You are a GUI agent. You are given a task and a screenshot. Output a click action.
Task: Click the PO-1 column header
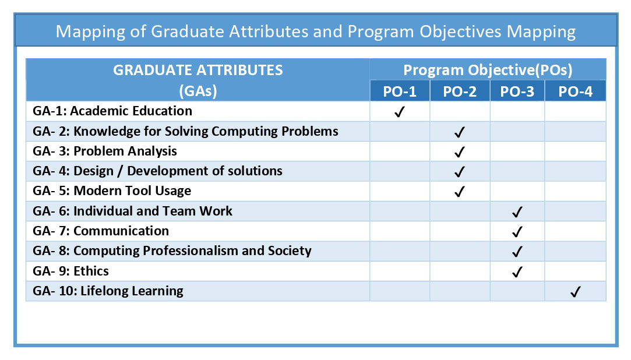click(x=400, y=91)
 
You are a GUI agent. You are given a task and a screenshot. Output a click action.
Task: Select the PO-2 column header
click(x=460, y=91)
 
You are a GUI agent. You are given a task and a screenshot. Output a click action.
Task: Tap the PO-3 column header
click(x=517, y=91)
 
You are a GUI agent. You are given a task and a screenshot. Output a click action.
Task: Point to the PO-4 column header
click(x=575, y=91)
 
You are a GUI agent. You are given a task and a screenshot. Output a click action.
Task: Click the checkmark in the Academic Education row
click(x=400, y=112)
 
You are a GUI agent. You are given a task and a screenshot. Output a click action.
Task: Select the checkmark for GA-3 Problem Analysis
click(x=460, y=152)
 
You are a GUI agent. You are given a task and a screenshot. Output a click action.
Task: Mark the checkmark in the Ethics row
click(x=517, y=271)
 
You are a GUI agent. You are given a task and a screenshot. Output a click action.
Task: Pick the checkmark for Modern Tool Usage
click(x=460, y=192)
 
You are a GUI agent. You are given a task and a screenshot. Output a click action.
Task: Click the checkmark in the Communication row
click(x=517, y=232)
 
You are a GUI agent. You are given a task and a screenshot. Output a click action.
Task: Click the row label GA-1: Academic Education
click(x=112, y=111)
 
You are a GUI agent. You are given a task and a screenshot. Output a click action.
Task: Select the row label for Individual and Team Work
click(x=132, y=211)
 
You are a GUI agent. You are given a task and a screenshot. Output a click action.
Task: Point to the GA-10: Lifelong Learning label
click(x=108, y=291)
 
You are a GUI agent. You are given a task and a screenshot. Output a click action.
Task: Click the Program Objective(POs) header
click(x=487, y=70)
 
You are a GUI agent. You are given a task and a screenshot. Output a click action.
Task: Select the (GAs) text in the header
click(x=198, y=91)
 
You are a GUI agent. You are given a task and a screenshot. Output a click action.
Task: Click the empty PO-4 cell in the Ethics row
click(x=575, y=271)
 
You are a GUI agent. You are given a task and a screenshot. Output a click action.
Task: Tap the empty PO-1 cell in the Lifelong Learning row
click(x=400, y=291)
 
